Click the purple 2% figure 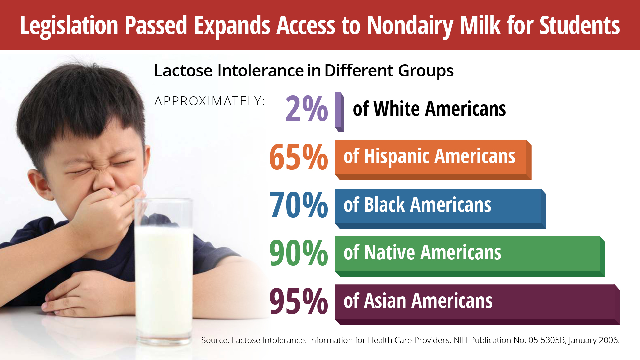point(306,109)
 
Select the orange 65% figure point(298,157)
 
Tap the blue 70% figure point(298,205)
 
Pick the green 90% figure point(298,253)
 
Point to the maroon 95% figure point(298,301)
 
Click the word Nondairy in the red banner point(410,26)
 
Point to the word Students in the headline point(580,25)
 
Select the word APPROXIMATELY point(209,101)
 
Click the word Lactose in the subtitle point(183,71)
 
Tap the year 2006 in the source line point(608,340)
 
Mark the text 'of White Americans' point(429,109)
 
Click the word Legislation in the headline point(69,25)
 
